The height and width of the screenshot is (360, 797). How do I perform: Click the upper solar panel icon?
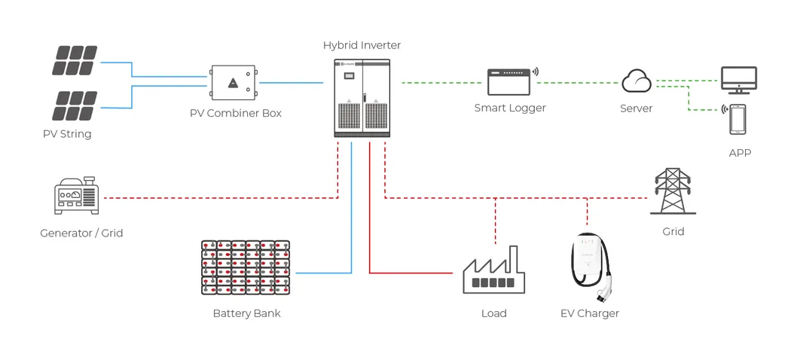coord(74,61)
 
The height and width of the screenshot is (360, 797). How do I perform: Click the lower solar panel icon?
coord(74,105)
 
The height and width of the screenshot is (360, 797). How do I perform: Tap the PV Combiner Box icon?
coord(234,83)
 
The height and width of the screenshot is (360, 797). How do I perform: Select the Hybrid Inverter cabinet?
coord(362,98)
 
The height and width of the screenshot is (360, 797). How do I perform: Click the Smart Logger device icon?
coord(509,81)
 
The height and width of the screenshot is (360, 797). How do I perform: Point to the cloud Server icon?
coord(637,80)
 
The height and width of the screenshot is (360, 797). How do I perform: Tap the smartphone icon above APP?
coord(737,119)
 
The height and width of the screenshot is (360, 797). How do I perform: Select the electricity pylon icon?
coord(673,191)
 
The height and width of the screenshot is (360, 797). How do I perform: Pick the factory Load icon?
coord(493,271)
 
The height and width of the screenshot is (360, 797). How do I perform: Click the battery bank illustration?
coord(246,267)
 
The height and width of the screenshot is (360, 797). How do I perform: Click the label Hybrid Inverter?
coord(362,45)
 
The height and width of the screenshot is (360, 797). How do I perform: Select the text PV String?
coord(67,134)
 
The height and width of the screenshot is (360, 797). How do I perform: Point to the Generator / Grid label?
coord(81,233)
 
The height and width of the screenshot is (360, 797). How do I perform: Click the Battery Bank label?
coord(246,313)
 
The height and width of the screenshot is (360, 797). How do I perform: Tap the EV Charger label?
coord(590,313)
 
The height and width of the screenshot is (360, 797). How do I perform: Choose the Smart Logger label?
coord(510,108)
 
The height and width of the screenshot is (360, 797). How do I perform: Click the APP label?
coord(740,153)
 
